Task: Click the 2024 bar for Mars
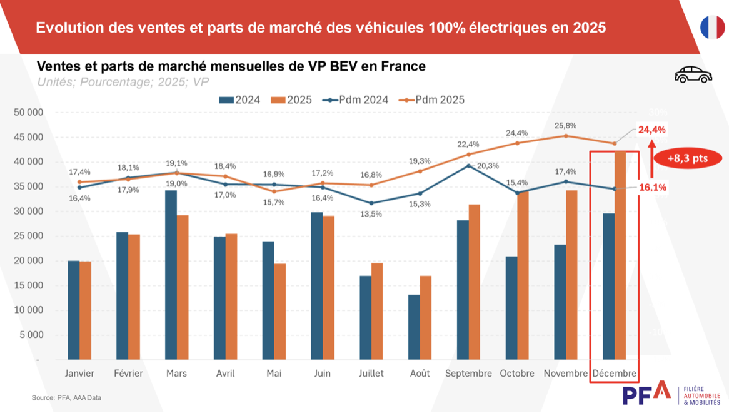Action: pos(171,275)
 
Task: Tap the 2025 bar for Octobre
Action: pos(523,275)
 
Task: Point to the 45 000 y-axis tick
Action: pos(26,137)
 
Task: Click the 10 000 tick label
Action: pos(26,310)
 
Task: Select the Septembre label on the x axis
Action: pos(468,374)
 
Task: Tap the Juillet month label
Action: pos(371,374)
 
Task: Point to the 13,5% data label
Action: pos(371,214)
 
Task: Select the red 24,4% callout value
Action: pos(651,130)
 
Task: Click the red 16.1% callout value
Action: pos(651,187)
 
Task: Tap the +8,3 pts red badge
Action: pos(687,158)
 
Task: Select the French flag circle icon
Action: pos(712,28)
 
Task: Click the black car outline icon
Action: pos(693,75)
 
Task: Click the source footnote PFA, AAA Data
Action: pos(66,397)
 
